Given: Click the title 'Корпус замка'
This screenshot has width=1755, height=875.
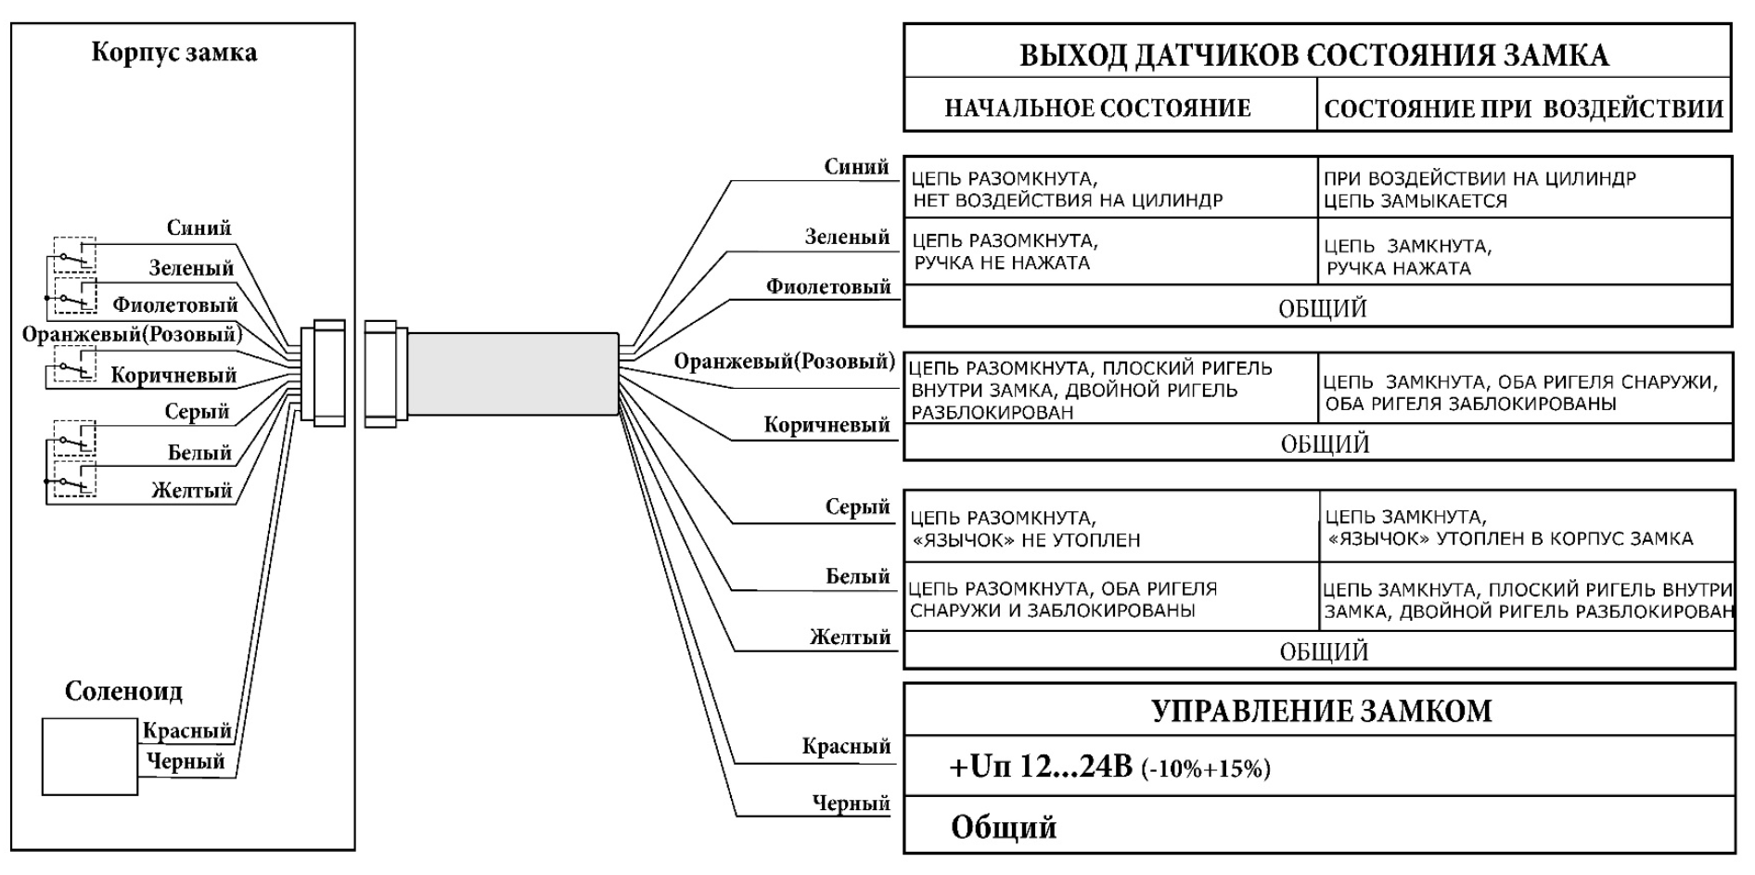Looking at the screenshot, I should (x=173, y=52).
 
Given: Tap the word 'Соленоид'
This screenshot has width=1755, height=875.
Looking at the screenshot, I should (x=123, y=691).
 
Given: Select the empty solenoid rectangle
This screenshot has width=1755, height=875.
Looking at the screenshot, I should (x=89, y=756).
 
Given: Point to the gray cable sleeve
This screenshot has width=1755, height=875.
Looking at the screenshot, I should (x=512, y=373).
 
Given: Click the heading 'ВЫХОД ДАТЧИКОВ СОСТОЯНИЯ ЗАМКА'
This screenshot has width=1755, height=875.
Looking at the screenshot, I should (x=1314, y=56).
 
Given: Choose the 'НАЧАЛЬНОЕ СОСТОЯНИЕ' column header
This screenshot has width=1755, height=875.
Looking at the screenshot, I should (x=1097, y=109).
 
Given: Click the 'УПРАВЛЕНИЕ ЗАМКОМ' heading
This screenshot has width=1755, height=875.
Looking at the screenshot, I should (x=1321, y=712).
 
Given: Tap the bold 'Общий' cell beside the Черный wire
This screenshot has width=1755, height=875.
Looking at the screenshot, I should (x=1004, y=827).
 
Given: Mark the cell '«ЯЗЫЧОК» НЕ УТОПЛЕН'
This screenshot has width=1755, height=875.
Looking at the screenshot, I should (x=1024, y=529).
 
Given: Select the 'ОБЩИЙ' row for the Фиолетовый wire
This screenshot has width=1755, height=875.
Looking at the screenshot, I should (x=1322, y=308).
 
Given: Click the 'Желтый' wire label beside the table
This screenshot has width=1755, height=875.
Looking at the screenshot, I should (x=850, y=637).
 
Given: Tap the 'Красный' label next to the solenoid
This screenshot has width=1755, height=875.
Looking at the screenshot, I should (x=186, y=730).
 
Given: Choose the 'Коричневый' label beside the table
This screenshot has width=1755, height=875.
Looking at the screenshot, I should (x=826, y=425).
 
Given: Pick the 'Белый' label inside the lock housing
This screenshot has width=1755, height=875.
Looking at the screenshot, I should (x=199, y=453).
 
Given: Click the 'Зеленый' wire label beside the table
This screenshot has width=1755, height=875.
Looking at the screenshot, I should (x=846, y=238).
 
